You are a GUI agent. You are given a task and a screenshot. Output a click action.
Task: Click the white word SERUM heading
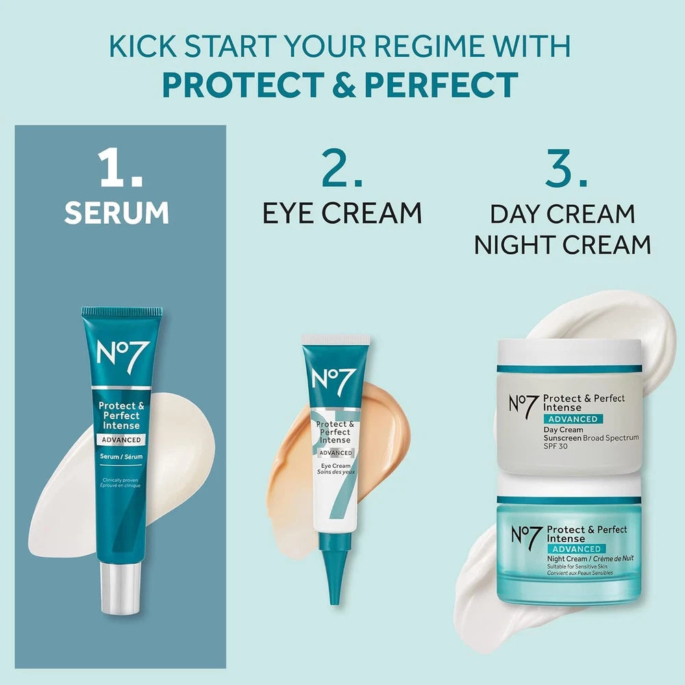click(x=116, y=212)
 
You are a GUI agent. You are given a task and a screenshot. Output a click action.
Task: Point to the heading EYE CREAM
click(x=342, y=213)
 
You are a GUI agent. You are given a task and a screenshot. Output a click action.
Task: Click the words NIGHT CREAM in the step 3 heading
click(x=562, y=245)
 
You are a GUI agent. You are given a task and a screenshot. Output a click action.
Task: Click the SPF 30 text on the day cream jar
click(x=557, y=446)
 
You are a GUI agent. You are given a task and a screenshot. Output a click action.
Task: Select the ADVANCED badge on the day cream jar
click(x=573, y=419)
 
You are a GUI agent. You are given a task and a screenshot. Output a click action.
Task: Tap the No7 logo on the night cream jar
click(x=525, y=538)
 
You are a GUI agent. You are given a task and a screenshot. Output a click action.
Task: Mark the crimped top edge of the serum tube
click(x=122, y=312)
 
